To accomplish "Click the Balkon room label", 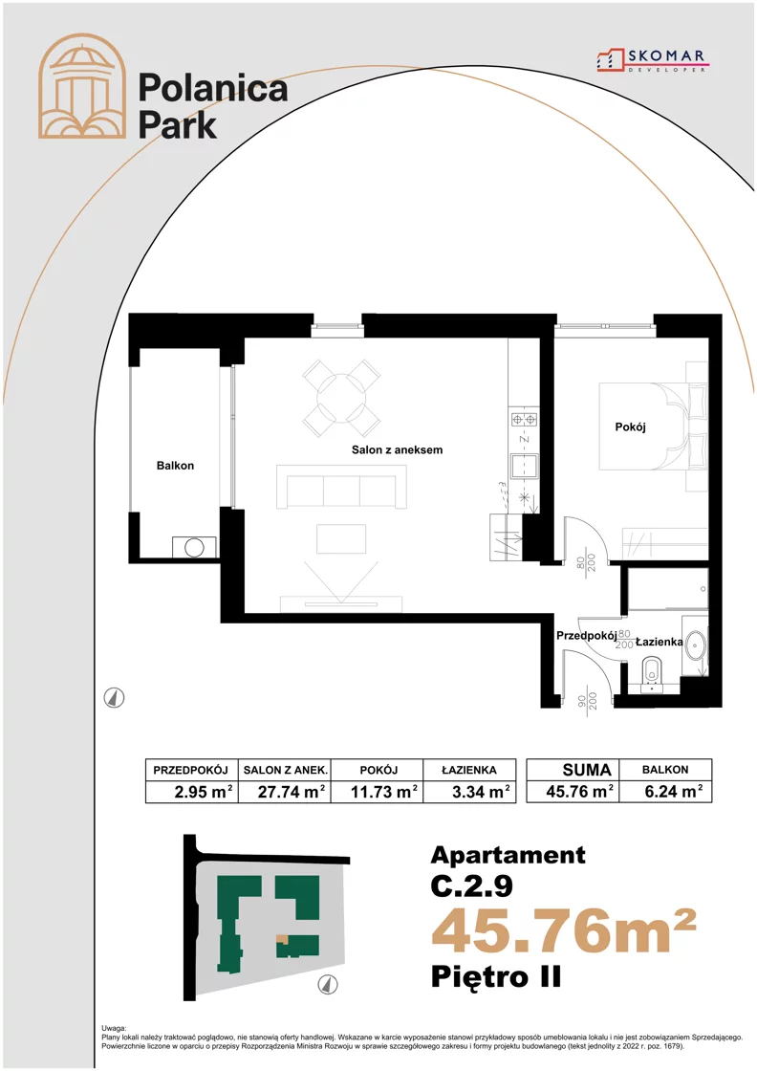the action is [x=175, y=466].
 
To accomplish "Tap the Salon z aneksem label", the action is [x=397, y=450].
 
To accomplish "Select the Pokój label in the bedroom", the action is [x=630, y=426].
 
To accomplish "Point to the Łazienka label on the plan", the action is [x=659, y=642].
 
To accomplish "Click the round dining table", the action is [x=341, y=398].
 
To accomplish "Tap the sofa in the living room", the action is [x=341, y=487].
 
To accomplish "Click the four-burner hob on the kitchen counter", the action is [x=524, y=418].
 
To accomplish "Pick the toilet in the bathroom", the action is [x=652, y=673].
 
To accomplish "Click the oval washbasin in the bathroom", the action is [x=695, y=646].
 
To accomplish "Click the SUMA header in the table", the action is [x=586, y=770].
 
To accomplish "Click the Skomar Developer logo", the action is [x=652, y=60].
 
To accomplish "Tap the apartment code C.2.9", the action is [x=471, y=885].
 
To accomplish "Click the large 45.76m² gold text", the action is [x=564, y=931].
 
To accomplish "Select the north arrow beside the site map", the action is [x=329, y=984].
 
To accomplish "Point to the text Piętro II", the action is [x=496, y=976].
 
